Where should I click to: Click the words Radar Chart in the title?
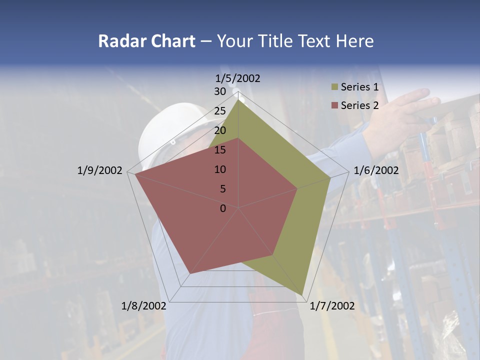146,41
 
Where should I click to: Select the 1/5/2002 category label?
238,78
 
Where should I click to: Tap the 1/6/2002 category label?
376,170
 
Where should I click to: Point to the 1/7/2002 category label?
332,306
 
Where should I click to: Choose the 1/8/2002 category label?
144,306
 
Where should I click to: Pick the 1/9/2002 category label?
99,170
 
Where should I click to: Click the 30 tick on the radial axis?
219,91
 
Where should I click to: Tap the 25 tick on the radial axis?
219,111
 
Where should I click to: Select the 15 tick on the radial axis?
219,150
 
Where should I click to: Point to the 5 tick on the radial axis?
222,189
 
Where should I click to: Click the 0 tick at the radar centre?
223,208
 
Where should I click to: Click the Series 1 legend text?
359,87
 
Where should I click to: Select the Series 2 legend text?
359,105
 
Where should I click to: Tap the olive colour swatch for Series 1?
334,87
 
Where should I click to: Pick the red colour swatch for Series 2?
334,105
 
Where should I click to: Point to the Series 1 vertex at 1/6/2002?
330,177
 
